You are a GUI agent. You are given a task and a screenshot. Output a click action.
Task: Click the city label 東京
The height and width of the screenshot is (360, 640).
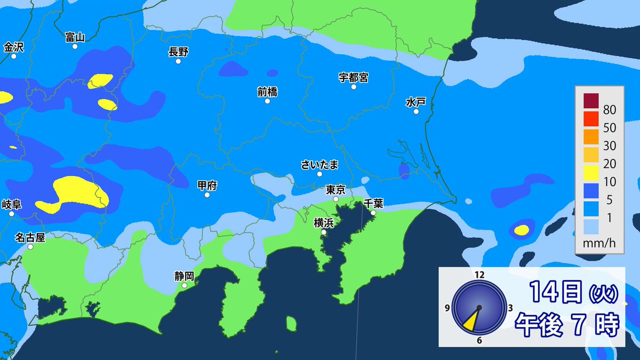(x=336, y=189)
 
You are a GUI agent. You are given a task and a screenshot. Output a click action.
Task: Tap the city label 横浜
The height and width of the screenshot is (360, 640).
(x=323, y=222)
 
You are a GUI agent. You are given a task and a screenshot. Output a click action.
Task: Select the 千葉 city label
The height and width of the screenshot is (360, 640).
(x=373, y=203)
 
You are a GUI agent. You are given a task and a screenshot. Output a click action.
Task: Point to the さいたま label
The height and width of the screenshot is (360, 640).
(x=319, y=164)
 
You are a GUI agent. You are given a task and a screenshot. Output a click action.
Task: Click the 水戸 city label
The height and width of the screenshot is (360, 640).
(x=415, y=101)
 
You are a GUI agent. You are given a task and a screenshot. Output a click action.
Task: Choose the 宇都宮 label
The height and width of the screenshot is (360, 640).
(x=353, y=77)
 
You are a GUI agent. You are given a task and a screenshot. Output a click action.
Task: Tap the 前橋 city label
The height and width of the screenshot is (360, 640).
(x=267, y=91)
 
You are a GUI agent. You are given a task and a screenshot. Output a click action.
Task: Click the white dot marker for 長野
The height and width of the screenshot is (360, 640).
(x=178, y=61)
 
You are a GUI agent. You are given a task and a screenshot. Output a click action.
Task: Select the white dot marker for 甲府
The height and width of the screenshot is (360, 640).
(x=207, y=195)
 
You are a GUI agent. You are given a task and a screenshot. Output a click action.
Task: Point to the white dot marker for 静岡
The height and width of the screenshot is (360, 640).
(x=185, y=286)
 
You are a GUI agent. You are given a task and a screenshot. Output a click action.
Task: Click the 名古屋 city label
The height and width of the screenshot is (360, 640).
(x=30, y=237)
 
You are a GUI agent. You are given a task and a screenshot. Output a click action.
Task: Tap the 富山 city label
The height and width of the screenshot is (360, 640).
(x=75, y=37)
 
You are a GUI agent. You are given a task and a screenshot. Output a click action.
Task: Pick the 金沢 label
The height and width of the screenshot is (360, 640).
(x=14, y=47)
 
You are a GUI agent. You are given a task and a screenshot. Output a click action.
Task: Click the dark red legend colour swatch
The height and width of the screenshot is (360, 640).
(x=591, y=101)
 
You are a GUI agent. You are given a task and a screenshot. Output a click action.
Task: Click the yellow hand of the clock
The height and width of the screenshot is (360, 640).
(x=472, y=319)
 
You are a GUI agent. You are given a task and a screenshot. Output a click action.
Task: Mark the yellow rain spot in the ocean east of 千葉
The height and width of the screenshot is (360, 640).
(x=521, y=230)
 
